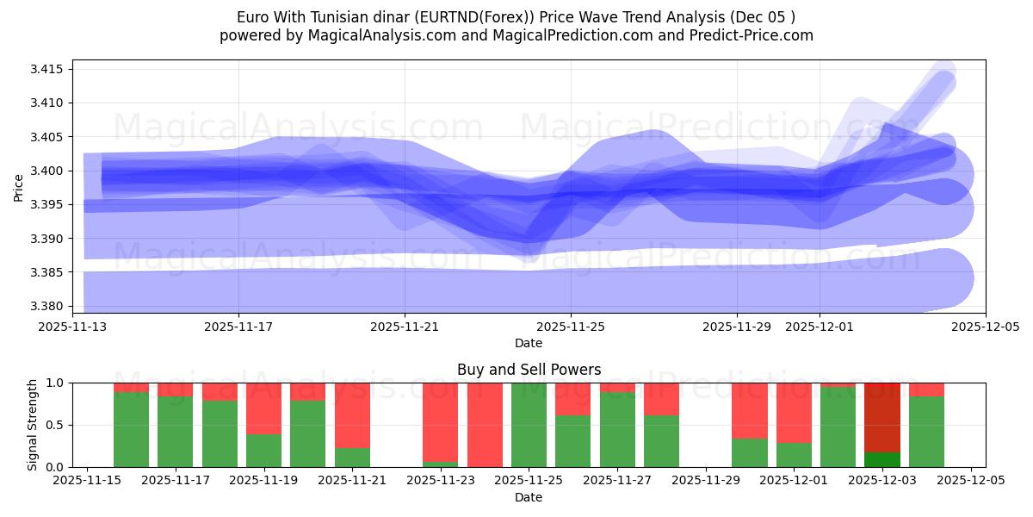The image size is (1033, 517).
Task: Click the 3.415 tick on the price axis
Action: pyautogui.click(x=50, y=69)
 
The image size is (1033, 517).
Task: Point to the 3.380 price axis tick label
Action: pyautogui.click(x=50, y=307)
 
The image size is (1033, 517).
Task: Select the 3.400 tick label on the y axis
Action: pyautogui.click(x=50, y=171)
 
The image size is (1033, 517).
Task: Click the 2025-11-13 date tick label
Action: pyautogui.click(x=72, y=327)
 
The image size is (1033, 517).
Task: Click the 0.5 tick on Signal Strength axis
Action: pyautogui.click(x=57, y=425)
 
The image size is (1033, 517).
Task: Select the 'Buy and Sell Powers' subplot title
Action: pyautogui.click(x=529, y=370)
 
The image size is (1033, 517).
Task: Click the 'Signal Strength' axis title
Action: pyautogui.click(x=32, y=425)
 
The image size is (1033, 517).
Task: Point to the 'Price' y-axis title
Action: pyautogui.click(x=19, y=186)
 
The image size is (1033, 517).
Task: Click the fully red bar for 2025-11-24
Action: pyautogui.click(x=485, y=425)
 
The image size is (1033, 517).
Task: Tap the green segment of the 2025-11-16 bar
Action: pyautogui.click(x=131, y=430)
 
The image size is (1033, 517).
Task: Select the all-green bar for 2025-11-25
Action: pyautogui.click(x=529, y=425)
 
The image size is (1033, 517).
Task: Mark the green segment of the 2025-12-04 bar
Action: pyautogui.click(x=926, y=432)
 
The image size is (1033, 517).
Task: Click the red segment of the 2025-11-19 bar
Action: pyautogui.click(x=263, y=408)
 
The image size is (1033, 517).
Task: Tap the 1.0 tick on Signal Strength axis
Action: pyautogui.click(x=57, y=383)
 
